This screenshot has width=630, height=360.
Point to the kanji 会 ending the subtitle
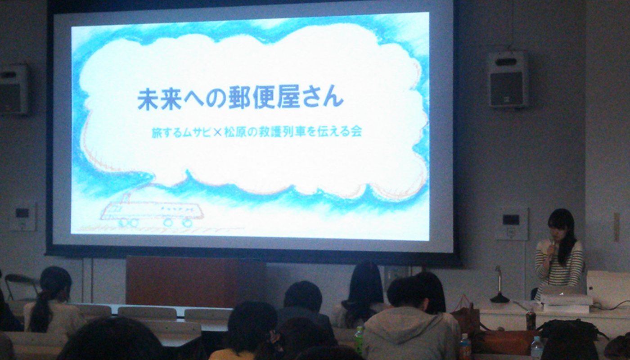point(356,131)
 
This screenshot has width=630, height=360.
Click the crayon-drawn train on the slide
point(152,211)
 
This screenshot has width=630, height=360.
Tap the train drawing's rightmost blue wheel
point(186,222)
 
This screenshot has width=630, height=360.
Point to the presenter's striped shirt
point(558,267)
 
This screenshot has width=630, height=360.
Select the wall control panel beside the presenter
point(511,224)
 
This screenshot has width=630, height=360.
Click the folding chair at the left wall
point(21,287)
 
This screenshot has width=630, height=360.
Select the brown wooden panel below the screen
point(194,281)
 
